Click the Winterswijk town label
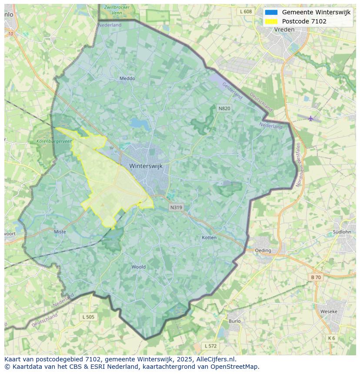(146, 166)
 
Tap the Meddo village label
(127, 79)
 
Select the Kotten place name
(209, 238)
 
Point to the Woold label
(138, 267)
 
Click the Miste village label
(60, 232)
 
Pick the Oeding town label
(263, 250)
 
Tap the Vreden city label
(284, 30)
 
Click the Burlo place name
(234, 321)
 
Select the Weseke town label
(328, 311)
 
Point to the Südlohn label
(341, 232)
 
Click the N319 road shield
(176, 207)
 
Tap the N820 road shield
(224, 108)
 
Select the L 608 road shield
(246, 12)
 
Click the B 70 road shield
(316, 277)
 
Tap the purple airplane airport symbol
(310, 118)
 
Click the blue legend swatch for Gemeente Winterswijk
(271, 12)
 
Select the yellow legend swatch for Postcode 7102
(271, 21)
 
